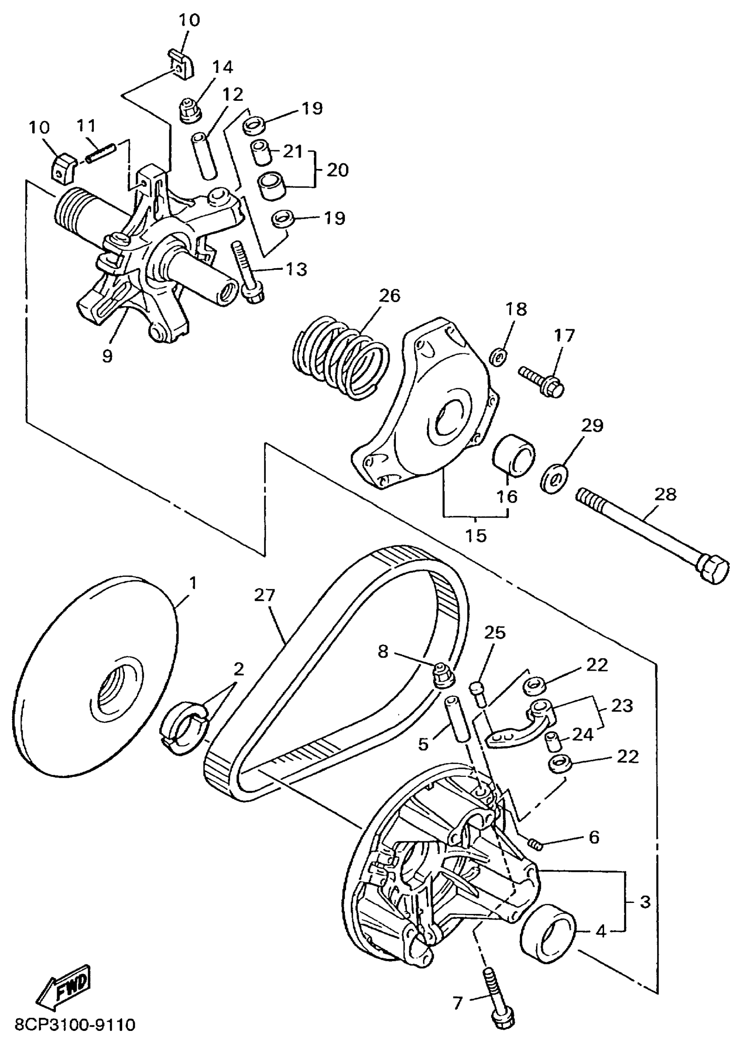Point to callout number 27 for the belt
click(x=265, y=595)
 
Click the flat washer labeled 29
click(x=555, y=479)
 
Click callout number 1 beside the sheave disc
click(x=193, y=583)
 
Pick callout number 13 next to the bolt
click(x=296, y=269)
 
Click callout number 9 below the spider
click(x=107, y=355)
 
